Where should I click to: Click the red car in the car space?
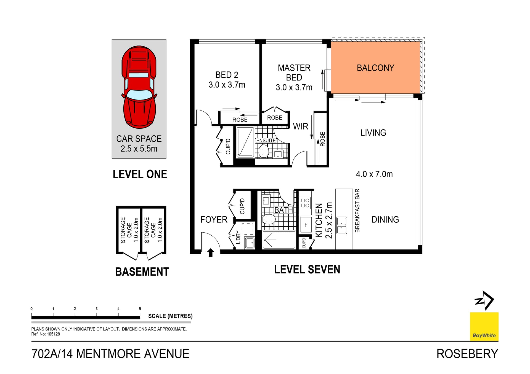coord(139,87)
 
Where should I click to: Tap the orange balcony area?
coord(376,68)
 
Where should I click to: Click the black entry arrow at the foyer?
coord(211,252)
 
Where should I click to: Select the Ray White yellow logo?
coord(484,327)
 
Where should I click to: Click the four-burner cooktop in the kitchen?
coord(305,203)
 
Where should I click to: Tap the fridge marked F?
coord(306,225)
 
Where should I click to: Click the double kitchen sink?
coord(342,225)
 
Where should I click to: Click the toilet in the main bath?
coord(269,219)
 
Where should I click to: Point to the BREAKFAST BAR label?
coord(357,211)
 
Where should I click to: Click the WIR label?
coord(300,126)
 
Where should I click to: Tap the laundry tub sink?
coord(250,243)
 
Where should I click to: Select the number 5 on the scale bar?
coord(140,309)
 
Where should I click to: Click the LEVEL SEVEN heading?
coord(307,270)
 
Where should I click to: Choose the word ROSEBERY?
coord(467,354)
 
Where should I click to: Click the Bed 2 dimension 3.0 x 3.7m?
coord(227,85)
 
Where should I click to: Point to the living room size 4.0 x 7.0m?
coord(374,174)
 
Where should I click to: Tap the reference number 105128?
coord(53,334)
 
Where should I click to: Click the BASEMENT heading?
coord(142,272)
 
